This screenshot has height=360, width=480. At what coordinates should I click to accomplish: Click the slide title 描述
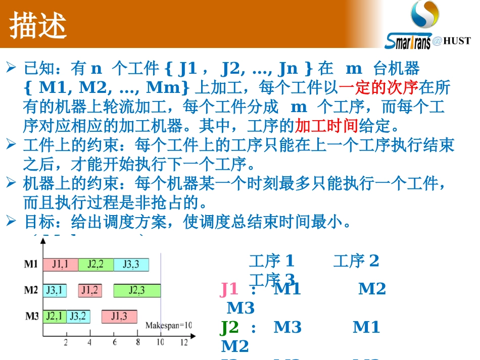click(38, 25)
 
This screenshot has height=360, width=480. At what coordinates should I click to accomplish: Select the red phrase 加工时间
click(326, 125)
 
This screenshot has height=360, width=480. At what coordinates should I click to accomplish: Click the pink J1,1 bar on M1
click(60, 264)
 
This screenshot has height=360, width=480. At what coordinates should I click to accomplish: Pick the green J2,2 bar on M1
click(95, 264)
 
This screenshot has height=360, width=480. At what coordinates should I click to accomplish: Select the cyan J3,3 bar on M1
click(131, 264)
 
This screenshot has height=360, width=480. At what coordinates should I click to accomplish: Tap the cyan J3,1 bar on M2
click(54, 290)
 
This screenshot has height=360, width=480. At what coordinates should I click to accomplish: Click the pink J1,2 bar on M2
click(90, 290)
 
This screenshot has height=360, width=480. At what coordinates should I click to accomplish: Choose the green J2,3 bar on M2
click(136, 290)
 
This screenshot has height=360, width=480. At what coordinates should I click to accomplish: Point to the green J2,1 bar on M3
click(54, 317)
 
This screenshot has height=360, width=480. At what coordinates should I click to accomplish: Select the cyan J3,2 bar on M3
click(78, 317)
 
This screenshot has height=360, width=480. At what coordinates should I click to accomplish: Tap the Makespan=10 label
click(169, 326)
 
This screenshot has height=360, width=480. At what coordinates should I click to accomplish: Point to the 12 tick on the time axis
click(183, 342)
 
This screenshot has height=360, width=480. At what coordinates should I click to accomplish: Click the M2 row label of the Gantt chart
click(31, 290)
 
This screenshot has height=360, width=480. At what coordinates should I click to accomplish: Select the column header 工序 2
click(356, 261)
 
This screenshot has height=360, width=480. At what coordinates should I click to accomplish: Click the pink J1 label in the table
click(229, 289)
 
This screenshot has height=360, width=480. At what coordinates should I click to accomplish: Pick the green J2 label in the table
click(229, 327)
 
